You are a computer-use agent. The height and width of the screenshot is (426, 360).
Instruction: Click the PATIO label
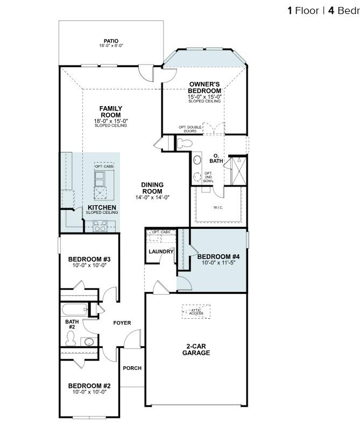pyautogui.click(x=111, y=41)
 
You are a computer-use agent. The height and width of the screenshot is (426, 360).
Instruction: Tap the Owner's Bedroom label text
pyautogui.click(x=204, y=87)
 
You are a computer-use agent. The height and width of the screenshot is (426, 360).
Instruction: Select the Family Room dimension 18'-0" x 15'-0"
pyautogui.click(x=111, y=121)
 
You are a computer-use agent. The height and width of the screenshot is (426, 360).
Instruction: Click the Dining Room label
pyautogui.click(x=152, y=188)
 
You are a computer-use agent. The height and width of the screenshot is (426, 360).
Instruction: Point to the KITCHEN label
pyautogui.click(x=102, y=207)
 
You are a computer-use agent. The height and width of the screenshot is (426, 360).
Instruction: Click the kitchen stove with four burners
pyautogui.click(x=101, y=226)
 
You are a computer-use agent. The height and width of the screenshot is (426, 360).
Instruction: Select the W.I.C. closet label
pyautogui.click(x=217, y=207)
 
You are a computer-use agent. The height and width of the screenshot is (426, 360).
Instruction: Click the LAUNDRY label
pyautogui.click(x=161, y=252)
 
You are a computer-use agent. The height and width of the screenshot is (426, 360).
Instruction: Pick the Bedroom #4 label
pyautogui.click(x=218, y=256)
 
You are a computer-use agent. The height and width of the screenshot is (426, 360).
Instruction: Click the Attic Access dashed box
pyautogui.click(x=196, y=311)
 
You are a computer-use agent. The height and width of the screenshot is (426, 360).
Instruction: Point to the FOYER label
pyautogui.click(x=122, y=323)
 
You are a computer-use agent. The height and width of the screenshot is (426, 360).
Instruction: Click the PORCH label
pyautogui.click(x=132, y=368)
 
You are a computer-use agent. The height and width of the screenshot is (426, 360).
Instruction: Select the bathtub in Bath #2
pyautogui.click(x=74, y=310)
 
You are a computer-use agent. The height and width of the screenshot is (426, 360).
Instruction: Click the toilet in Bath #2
pyautogui.click(x=70, y=338)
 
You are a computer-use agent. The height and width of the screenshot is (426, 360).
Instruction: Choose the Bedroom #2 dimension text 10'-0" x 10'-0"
pyautogui.click(x=89, y=392)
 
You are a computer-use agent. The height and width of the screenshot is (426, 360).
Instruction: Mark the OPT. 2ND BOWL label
pyautogui.click(x=209, y=177)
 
